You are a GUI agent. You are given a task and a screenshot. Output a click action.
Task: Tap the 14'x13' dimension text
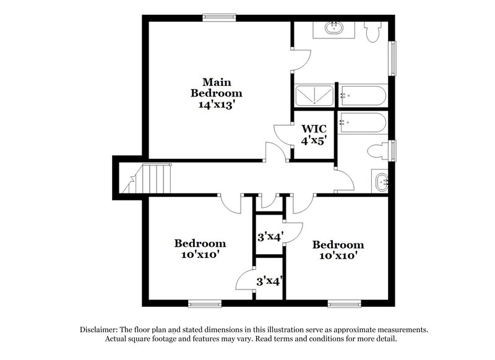pos(216,105)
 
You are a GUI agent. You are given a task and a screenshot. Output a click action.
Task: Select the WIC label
pos(313,129)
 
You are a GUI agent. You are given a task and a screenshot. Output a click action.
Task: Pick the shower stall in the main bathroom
pos(314,95)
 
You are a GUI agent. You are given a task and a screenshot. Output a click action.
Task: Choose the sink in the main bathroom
pos(334,28)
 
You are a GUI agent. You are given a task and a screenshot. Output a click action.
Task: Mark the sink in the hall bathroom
pos(380,181)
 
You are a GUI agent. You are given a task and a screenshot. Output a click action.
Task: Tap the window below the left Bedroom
pos(205,303)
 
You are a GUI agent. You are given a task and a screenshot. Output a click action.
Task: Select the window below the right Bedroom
pos(345,303)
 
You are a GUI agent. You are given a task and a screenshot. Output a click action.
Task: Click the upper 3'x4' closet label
pos(270,236)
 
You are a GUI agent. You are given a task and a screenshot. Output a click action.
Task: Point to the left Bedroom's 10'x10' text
pos(199,254)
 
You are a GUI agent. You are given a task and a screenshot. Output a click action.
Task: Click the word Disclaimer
pos(100,330)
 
